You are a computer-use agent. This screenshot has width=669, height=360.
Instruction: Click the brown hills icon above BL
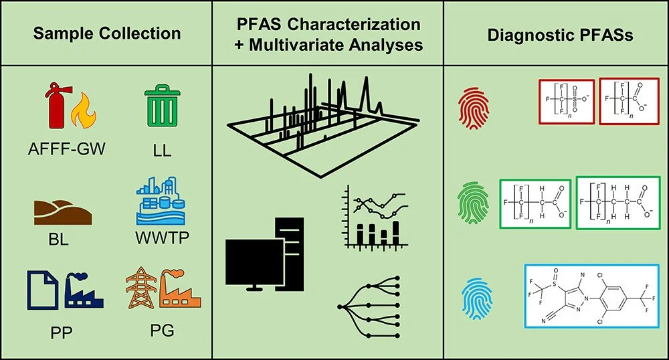(x=62, y=212)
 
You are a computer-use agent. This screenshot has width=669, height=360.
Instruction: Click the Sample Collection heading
(x=108, y=33)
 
